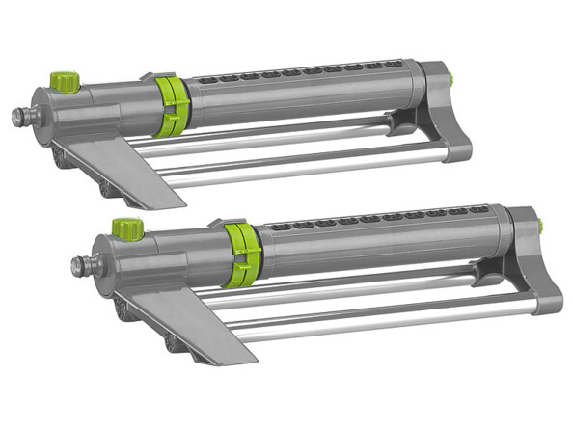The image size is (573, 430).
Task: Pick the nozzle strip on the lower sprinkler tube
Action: (x=386, y=216)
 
